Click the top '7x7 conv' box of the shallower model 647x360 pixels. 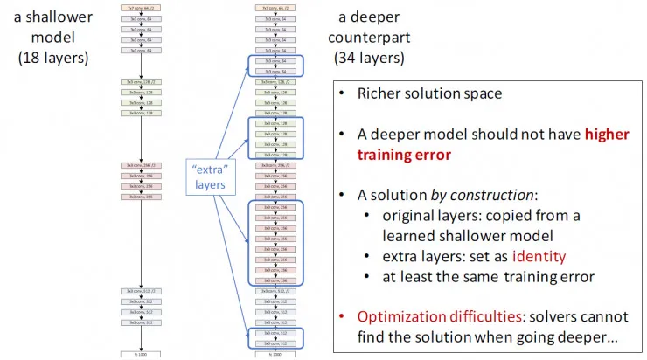pyautogui.click(x=142, y=7)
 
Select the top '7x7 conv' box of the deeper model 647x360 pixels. pyautogui.click(x=278, y=7)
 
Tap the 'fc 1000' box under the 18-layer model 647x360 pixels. pyautogui.click(x=142, y=354)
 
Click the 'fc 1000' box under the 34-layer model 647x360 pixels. pyautogui.click(x=278, y=354)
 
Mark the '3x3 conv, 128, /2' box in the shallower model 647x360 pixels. pyautogui.click(x=142, y=81)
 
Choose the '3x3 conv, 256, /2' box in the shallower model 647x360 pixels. pyautogui.click(x=142, y=164)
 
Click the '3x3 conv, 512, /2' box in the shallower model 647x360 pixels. pyautogui.click(x=142, y=291)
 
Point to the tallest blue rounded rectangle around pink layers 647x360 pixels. pyautogui.click(x=278, y=241)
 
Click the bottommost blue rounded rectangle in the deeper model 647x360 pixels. pyautogui.click(x=278, y=336)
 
